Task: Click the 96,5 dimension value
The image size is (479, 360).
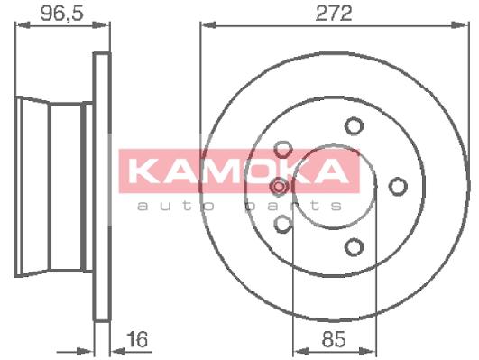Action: (61, 14)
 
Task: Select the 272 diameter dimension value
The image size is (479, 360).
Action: (334, 14)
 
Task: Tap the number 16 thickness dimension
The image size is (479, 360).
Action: (138, 339)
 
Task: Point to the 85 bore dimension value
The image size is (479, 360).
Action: (334, 339)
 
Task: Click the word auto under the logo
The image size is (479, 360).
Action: (176, 206)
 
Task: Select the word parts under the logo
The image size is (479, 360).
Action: (294, 206)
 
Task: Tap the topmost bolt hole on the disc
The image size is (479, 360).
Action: (354, 125)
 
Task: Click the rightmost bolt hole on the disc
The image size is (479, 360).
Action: (398, 186)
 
